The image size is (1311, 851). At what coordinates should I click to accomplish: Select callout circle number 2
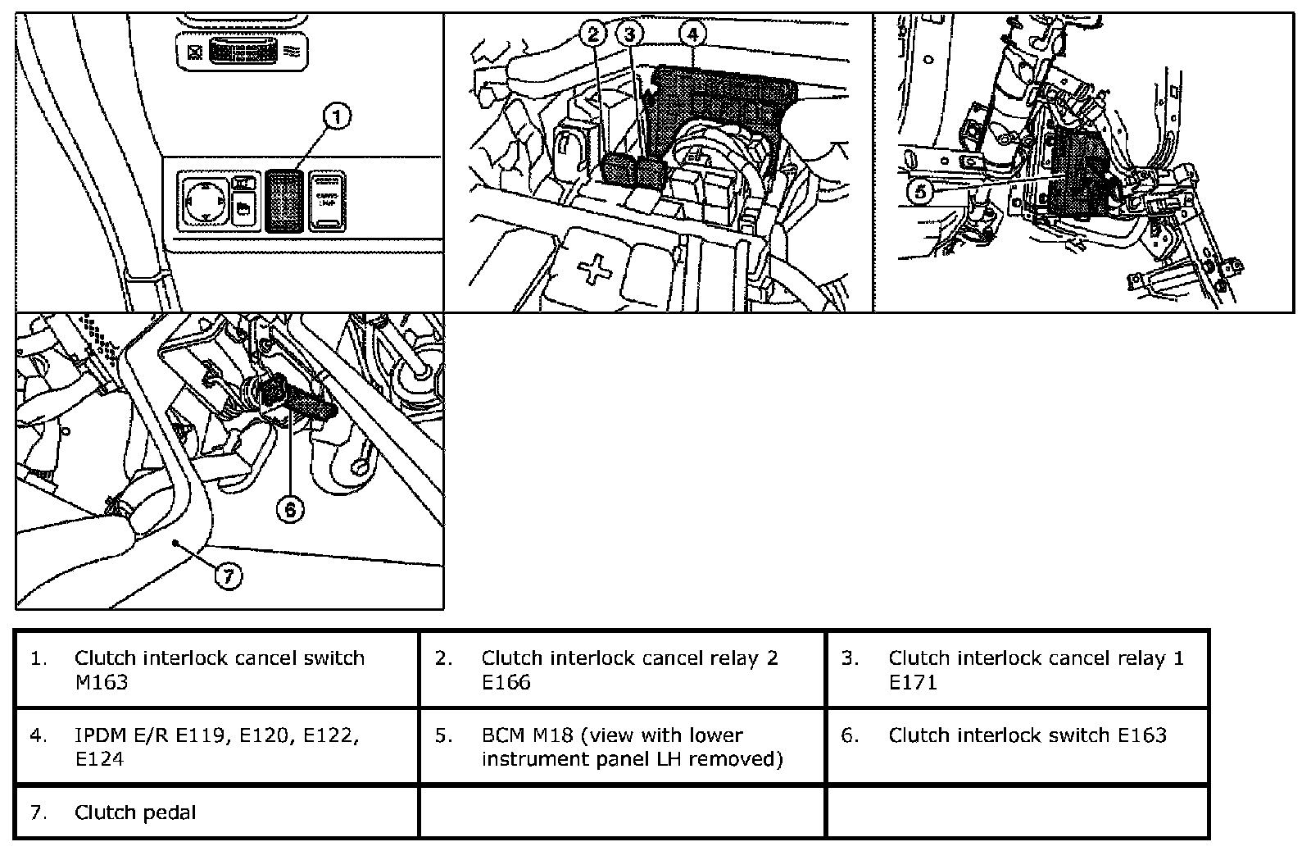point(594,34)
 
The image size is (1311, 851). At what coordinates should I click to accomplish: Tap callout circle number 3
point(629,34)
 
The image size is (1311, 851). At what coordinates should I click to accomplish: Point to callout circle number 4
point(692,34)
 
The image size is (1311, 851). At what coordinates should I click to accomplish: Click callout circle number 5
point(920,192)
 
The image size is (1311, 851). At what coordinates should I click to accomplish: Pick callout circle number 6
point(290,509)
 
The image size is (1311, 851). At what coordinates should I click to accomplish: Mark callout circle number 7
point(229,576)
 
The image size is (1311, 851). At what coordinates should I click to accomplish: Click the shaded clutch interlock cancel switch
point(284,201)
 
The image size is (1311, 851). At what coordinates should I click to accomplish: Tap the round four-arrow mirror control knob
point(202,201)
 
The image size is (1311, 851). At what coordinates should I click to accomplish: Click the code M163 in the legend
point(101,682)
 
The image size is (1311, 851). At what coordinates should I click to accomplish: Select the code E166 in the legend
point(506,682)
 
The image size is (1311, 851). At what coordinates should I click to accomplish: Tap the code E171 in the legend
point(913,682)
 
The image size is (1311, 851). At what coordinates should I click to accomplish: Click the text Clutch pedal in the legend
point(135,812)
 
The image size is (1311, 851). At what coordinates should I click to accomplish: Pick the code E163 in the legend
point(1142,735)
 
